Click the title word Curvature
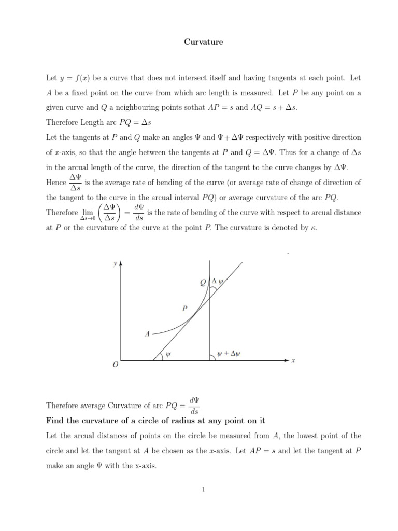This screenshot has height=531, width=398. (x=203, y=42)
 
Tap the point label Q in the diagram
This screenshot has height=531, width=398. (x=203, y=282)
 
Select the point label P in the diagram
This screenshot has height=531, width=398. (x=184, y=309)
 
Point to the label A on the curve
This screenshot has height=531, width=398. (x=147, y=334)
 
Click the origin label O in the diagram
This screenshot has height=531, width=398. (x=115, y=365)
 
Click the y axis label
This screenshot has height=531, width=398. (x=115, y=264)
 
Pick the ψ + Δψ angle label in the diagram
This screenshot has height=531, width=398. (x=229, y=354)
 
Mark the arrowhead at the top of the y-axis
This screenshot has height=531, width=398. (x=121, y=263)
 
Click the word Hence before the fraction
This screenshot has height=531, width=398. (x=56, y=183)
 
